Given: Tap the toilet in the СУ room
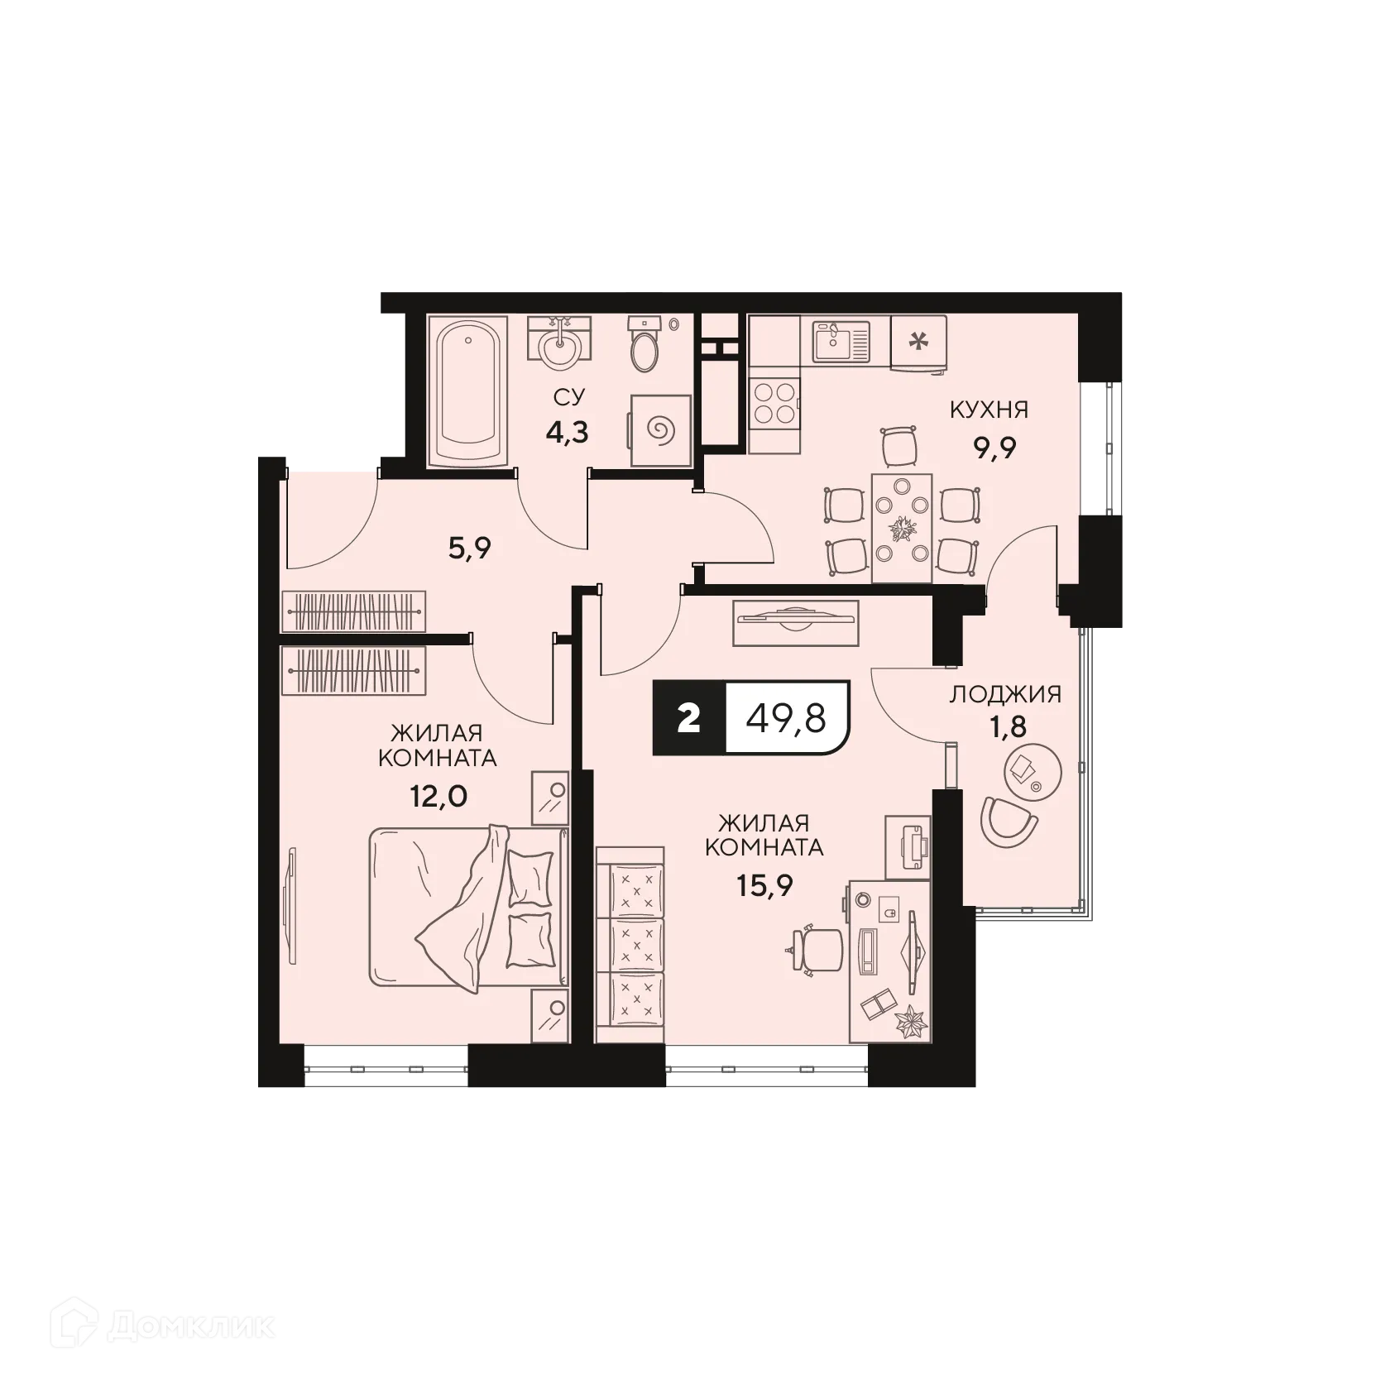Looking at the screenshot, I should point(643,347).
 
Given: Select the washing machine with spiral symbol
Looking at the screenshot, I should point(659,430).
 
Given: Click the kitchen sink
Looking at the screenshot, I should point(841,341).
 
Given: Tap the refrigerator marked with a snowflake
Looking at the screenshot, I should point(918,342).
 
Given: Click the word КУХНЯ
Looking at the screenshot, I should point(989,410).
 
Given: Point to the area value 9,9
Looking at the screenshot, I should point(994,448).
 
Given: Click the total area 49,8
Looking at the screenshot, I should point(786,718).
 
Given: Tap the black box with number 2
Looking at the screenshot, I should point(688,718).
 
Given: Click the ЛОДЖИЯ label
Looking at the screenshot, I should point(1004,694).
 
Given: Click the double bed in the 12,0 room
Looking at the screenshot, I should point(468,908).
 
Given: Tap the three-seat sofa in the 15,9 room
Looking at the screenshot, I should point(630,943).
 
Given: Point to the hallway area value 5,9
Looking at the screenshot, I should point(469,548).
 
